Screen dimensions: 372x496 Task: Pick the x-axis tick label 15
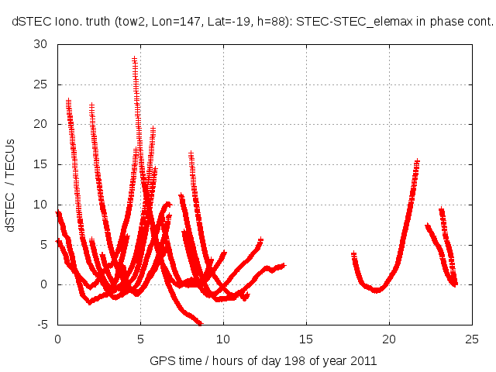pos(306,339)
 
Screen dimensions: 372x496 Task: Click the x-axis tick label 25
pos(472,339)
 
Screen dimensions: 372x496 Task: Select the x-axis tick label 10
pos(223,339)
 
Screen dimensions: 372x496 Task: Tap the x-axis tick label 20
pos(389,339)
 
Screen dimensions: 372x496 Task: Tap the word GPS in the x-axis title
pos(162,360)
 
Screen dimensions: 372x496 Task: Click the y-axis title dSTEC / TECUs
pos(13,184)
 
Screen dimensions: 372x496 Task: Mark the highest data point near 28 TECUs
pos(134,59)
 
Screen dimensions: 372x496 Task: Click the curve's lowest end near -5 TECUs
pos(200,323)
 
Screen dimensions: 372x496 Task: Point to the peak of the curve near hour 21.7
pos(417,162)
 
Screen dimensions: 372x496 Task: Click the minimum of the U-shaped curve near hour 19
pos(377,291)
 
